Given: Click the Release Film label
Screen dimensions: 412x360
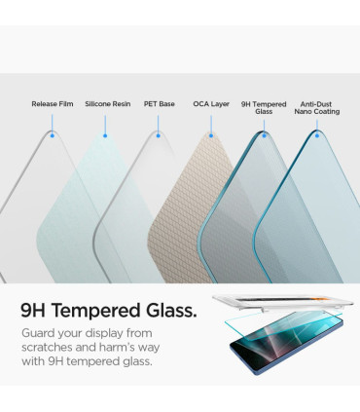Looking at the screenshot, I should (x=52, y=103).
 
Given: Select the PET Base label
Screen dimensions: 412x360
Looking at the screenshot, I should (x=159, y=103).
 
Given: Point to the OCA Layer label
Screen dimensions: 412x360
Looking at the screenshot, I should (x=211, y=103).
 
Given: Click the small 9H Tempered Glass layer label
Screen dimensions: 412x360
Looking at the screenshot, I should (x=264, y=107).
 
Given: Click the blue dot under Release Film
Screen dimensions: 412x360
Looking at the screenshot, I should (x=52, y=135).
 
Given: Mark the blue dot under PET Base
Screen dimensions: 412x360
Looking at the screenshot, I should (x=159, y=135).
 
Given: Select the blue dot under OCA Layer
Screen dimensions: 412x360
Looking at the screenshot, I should (x=211, y=135).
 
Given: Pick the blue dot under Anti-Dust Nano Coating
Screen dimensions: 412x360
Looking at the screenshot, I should (x=316, y=135).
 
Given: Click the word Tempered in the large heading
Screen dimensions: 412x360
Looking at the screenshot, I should (x=101, y=312).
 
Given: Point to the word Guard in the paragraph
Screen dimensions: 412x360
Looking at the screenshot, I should (x=41, y=335).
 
